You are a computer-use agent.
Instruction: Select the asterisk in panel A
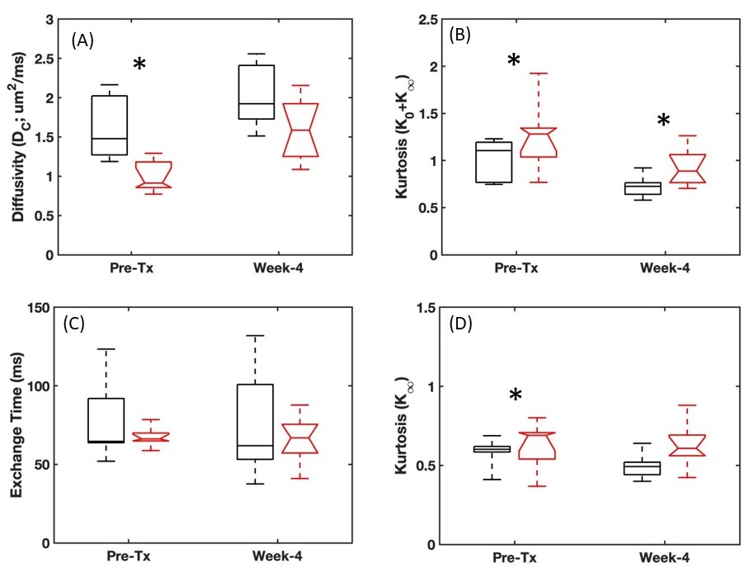(139, 65)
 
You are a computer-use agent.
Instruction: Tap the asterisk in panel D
(515, 396)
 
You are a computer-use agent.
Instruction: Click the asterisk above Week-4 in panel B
(664, 121)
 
